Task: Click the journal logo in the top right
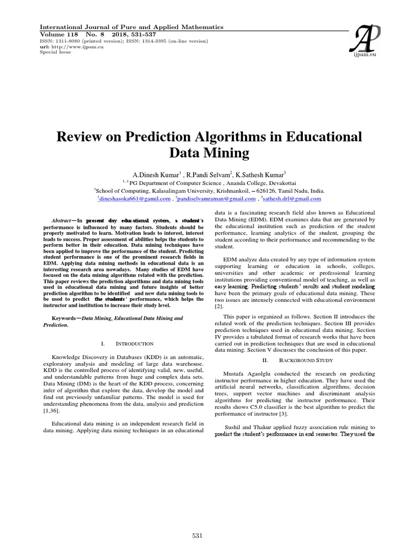360,41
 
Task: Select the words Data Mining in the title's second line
209,153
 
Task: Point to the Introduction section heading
134,343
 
